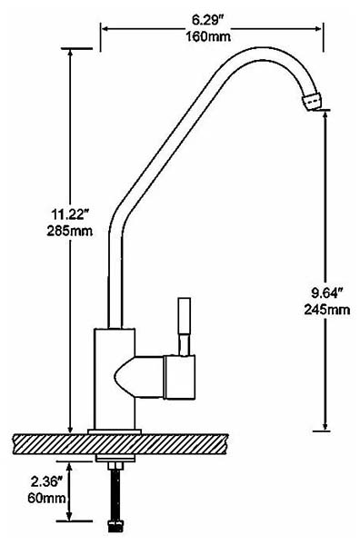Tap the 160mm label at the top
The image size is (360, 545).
point(207,35)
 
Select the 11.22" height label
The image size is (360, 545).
point(69,214)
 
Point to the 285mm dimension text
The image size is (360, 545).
point(70,231)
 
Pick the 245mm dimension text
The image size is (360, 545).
point(327,309)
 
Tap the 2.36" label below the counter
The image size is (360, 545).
point(46,481)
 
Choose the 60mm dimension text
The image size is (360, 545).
point(46,498)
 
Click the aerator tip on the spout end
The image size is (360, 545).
point(311,101)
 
